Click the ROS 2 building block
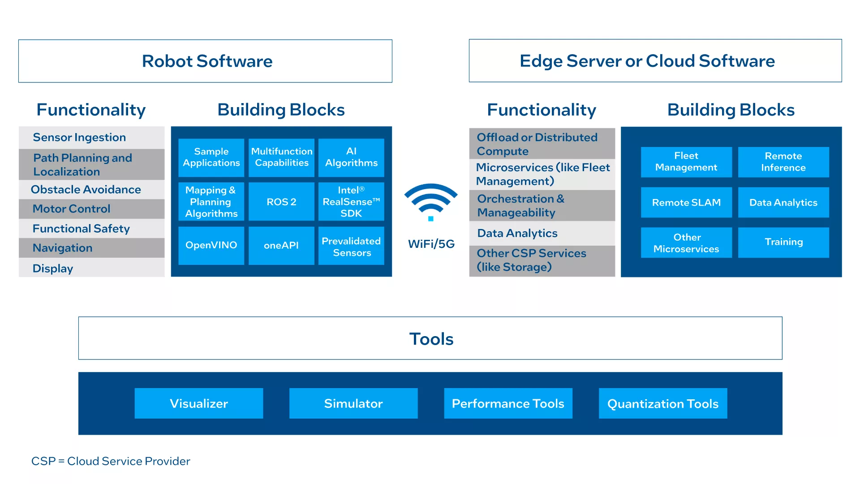[281, 202]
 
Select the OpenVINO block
[211, 245]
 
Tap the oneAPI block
[281, 245]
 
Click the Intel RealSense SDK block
[351, 202]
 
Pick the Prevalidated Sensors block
[351, 246]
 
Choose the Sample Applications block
[211, 157]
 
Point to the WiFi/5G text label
[431, 244]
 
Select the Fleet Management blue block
[686, 162]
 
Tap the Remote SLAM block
[686, 203]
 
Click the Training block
[783, 242]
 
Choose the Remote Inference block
[783, 162]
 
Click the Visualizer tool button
[199, 403]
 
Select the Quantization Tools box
[663, 403]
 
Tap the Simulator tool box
[353, 403]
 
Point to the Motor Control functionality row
[91, 209]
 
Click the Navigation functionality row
[91, 248]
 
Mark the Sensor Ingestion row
[91, 138]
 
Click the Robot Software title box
[205, 61]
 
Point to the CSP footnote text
[111, 461]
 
